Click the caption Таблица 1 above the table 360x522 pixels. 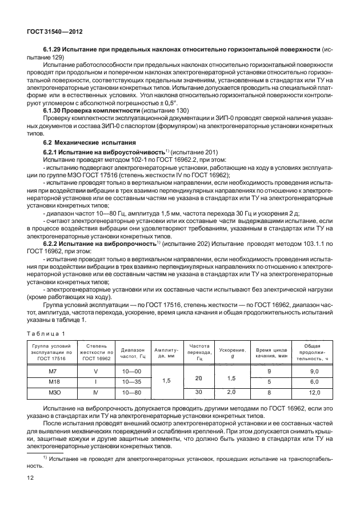pos(46,333)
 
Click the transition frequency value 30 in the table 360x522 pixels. pos(199,392)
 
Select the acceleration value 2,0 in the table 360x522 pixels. pos(231,392)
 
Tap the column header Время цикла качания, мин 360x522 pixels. pos(270,352)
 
